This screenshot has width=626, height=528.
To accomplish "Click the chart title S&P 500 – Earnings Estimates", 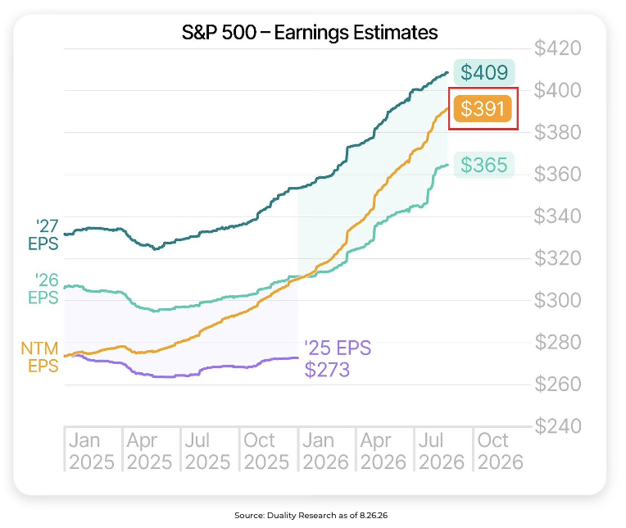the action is click(310, 32).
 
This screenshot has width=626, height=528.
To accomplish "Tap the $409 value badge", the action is click(484, 72).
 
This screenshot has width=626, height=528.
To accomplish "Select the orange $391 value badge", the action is click(483, 109).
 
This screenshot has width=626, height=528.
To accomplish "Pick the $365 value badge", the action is click(484, 165).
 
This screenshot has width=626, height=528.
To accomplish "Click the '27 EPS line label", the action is click(43, 234).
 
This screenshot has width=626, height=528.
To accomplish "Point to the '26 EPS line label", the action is click(43, 289).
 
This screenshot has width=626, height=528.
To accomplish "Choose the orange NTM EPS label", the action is click(40, 357).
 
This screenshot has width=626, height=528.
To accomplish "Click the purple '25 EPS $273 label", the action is click(338, 358).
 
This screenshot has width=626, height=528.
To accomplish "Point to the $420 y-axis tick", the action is click(558, 48).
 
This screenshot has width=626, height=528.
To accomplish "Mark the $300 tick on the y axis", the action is click(558, 300).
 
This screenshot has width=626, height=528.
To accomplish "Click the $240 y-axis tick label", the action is click(558, 426).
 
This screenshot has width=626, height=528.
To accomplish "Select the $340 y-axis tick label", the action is click(558, 216).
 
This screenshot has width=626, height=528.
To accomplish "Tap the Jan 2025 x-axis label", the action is click(92, 451).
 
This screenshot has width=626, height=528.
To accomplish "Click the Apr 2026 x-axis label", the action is click(383, 451).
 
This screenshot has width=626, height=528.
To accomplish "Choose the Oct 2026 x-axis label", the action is click(500, 451).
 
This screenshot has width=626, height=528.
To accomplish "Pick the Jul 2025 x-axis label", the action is click(207, 451).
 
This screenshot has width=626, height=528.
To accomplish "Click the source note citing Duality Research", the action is click(311, 515).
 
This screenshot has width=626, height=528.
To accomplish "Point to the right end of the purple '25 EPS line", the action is click(297, 357).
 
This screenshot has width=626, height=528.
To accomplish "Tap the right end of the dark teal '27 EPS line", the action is click(447, 73).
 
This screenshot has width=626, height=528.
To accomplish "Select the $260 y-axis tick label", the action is click(558, 385).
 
